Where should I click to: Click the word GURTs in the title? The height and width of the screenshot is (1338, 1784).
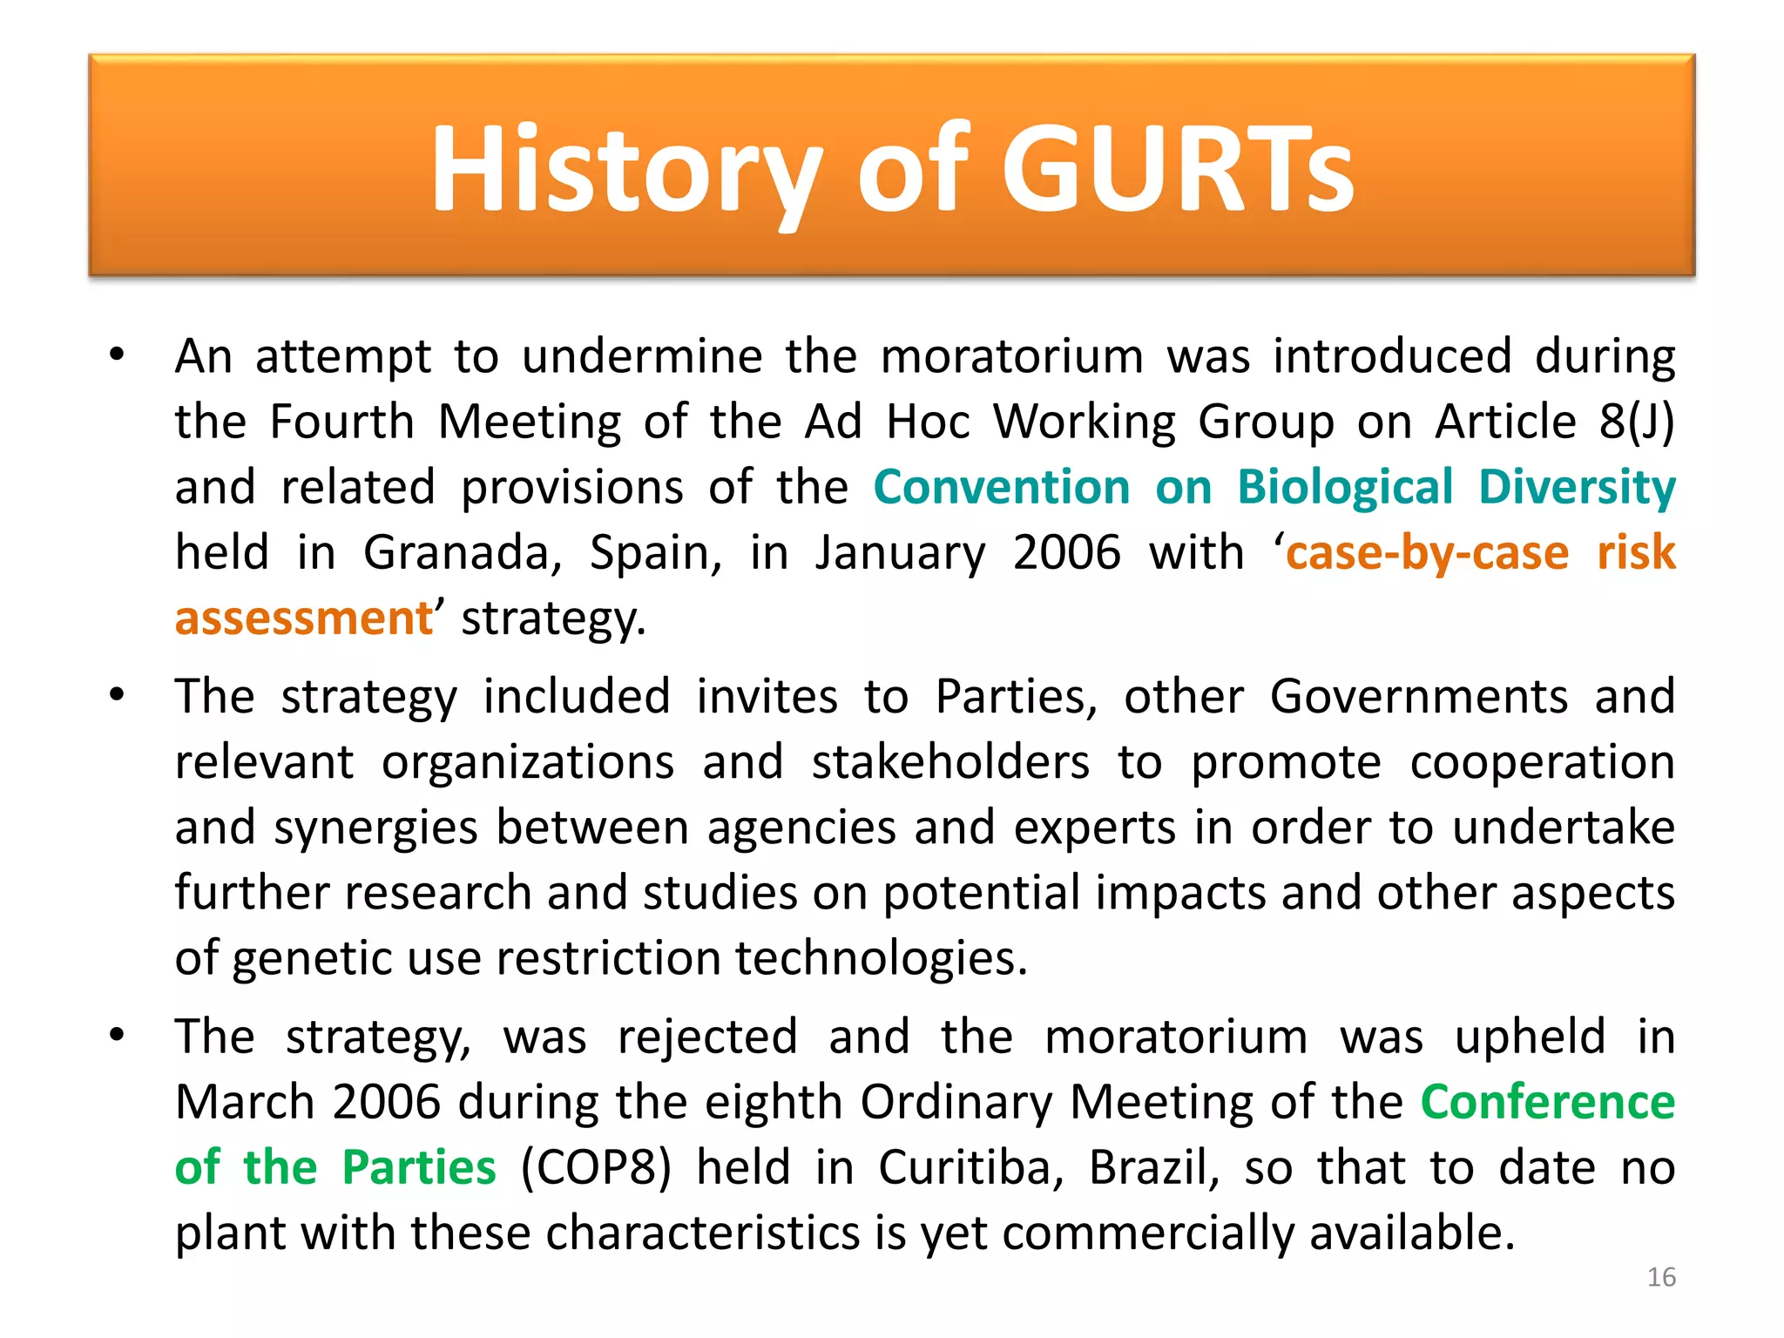point(1178,169)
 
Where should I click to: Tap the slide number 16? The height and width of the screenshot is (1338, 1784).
point(1661,1277)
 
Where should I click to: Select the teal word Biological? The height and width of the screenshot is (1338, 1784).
point(1346,487)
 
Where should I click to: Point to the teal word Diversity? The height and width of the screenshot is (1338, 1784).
point(1577,487)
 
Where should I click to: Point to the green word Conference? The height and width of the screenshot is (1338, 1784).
point(1548,1102)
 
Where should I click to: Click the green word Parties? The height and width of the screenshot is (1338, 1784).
point(419,1167)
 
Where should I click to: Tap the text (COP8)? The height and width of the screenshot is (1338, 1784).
point(597,1167)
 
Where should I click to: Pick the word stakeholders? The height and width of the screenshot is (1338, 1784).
point(950,762)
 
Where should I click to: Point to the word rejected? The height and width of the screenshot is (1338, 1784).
point(707,1037)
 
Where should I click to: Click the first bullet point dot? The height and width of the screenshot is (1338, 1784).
point(118,355)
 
